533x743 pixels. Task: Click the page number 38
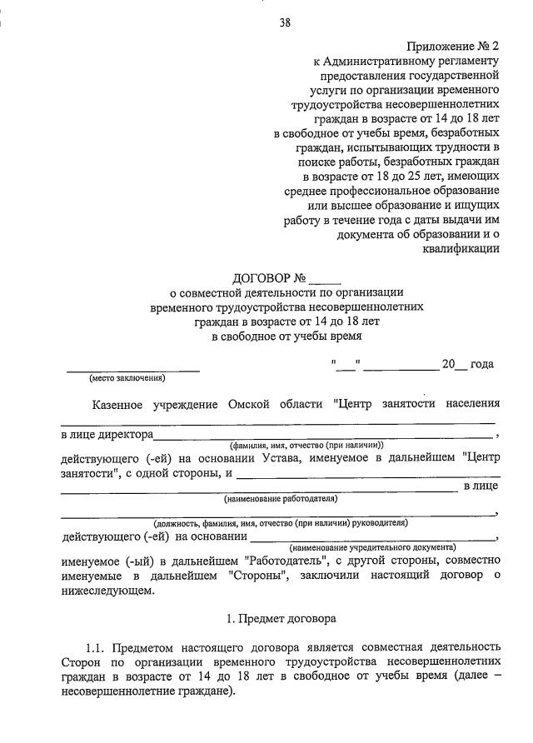point(285,22)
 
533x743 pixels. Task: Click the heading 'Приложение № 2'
point(453,47)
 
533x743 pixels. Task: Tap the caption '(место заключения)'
point(127,378)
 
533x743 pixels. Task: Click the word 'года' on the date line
point(482,363)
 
